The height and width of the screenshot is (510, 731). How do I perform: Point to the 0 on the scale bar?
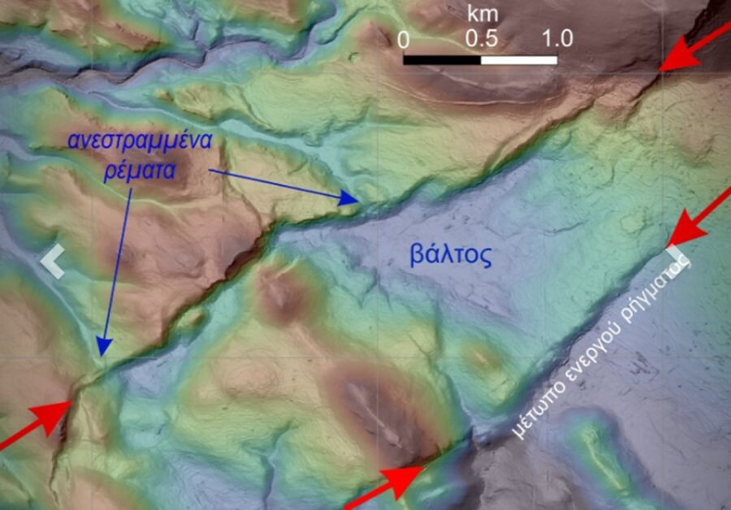pos(404,38)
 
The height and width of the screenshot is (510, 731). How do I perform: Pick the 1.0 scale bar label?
pos(556,38)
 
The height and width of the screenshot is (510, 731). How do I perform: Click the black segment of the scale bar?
pos(442,59)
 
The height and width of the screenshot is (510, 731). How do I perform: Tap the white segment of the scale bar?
pos(519,59)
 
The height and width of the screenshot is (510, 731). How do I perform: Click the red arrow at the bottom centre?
pos(388,486)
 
